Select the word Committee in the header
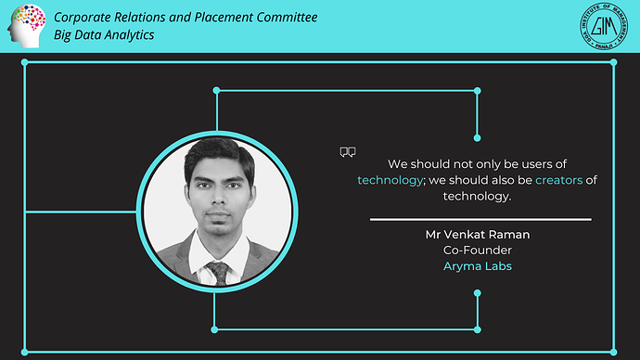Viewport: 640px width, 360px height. tap(283, 18)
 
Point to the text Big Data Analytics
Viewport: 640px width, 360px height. tap(104, 34)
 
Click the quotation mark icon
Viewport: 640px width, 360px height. tap(348, 152)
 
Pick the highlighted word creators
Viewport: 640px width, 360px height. tap(559, 180)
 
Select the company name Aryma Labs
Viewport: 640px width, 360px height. tap(478, 266)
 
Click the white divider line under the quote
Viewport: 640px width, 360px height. tap(480, 220)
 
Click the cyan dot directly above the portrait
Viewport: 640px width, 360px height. tap(216, 91)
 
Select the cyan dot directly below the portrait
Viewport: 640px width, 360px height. tap(216, 328)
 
